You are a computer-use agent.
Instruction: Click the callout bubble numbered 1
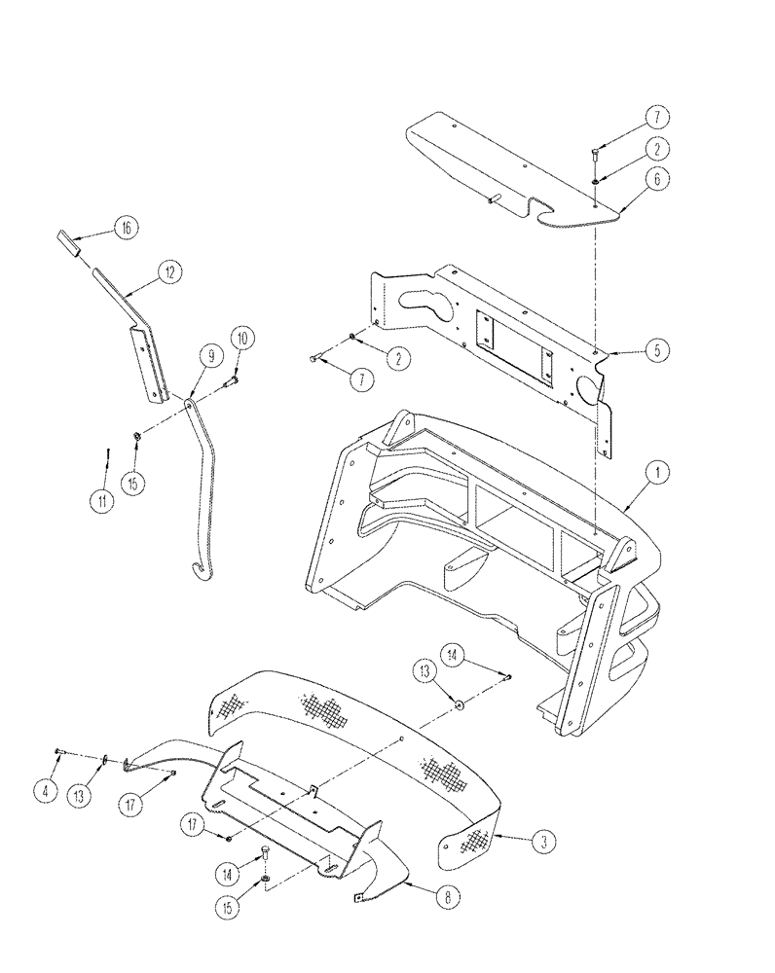click(658, 474)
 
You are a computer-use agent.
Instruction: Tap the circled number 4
click(44, 792)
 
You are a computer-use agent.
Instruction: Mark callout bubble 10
click(243, 338)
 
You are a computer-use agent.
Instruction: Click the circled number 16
click(124, 229)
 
